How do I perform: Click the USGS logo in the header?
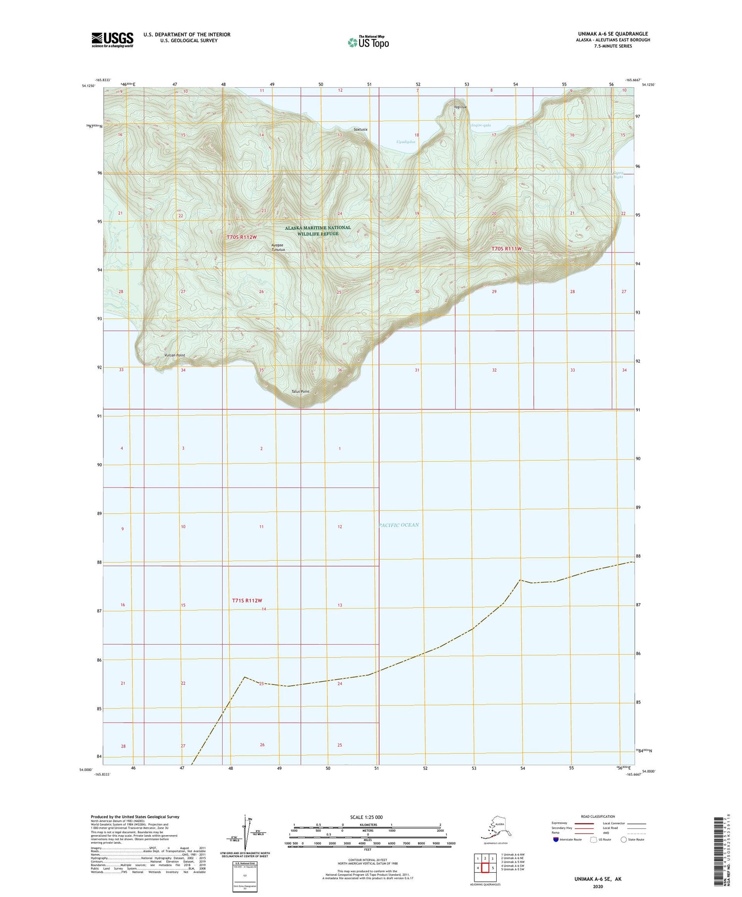point(112,40)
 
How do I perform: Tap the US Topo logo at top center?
point(369,42)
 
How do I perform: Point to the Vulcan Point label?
point(175,355)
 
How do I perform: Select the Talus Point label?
point(300,391)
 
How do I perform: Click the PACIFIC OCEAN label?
point(399,525)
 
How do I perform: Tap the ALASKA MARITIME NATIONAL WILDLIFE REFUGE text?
point(318,231)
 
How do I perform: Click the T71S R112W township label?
point(246,601)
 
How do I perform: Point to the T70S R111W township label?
point(507,249)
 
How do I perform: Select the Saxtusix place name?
point(361,129)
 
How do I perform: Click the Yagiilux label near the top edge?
point(460,107)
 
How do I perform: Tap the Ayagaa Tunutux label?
point(278,247)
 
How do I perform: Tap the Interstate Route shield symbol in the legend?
point(556,840)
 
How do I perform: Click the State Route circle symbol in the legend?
point(624,840)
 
